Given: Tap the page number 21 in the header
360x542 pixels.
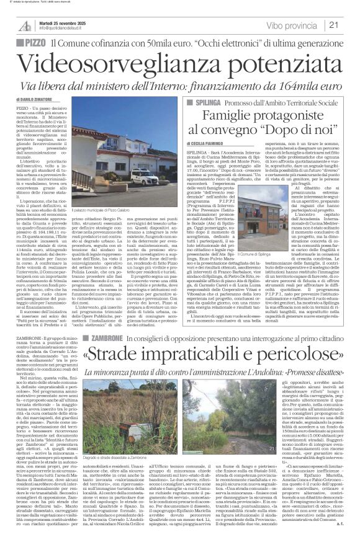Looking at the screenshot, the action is coord(349,25).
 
